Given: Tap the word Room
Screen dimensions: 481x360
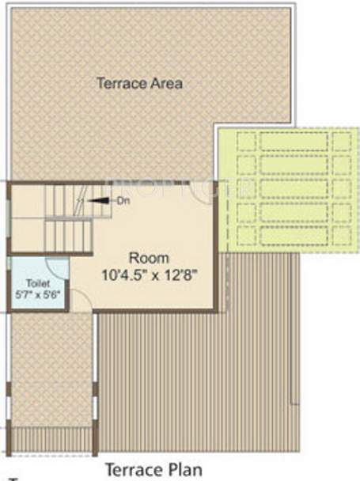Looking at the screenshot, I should pyautogui.click(x=150, y=258).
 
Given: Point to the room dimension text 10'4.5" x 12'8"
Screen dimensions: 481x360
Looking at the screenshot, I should pyautogui.click(x=150, y=275).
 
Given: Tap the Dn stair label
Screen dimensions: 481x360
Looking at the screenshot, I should pyautogui.click(x=123, y=201).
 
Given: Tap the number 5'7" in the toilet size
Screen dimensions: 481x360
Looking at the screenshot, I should pyautogui.click(x=21, y=294).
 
